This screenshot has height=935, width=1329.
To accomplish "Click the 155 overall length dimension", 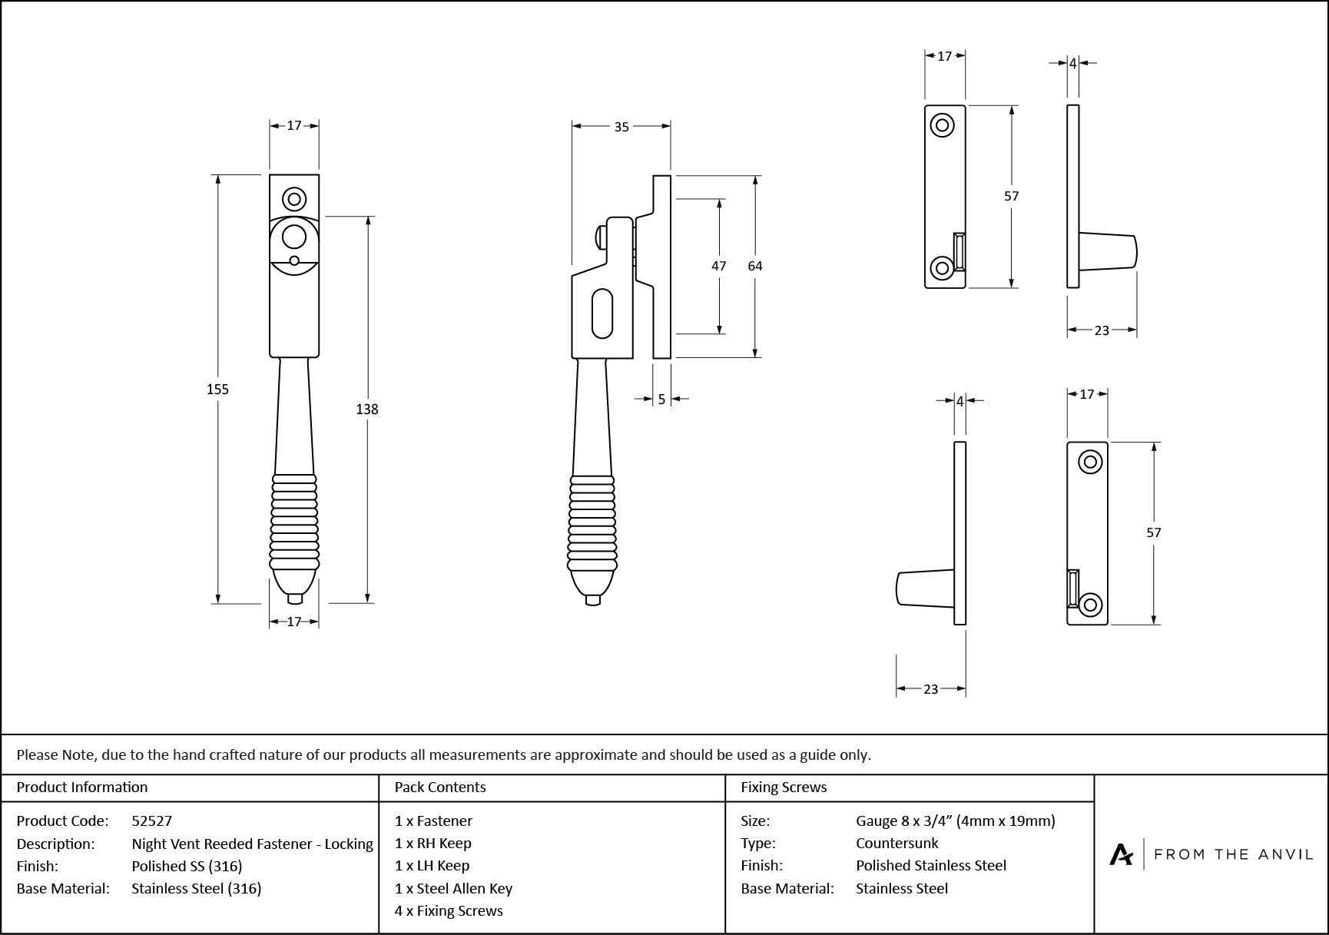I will (217, 390).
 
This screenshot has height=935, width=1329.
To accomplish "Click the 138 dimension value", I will (367, 409).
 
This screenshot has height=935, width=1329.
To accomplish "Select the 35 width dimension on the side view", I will (621, 127).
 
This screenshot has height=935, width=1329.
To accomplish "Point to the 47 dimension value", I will (718, 266).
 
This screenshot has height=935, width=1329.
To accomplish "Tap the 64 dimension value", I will (755, 266).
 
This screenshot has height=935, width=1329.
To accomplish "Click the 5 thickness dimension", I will (661, 400).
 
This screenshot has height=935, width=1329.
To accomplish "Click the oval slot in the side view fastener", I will (603, 313).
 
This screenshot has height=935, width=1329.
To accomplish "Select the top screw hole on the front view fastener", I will (294, 199).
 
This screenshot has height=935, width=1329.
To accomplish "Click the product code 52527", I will (152, 821).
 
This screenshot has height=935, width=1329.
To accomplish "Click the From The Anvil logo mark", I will (1121, 854).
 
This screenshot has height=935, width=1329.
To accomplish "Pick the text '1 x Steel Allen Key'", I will (453, 888).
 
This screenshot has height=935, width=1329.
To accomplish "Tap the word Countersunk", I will (896, 843).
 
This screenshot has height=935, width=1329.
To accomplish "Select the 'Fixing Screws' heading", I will (784, 787).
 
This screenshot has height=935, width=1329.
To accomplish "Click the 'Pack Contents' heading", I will (440, 787).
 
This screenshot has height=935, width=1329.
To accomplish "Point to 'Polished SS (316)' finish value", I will (187, 866).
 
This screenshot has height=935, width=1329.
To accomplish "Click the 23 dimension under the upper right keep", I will (1102, 330).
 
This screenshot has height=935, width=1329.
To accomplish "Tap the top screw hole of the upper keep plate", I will (942, 124).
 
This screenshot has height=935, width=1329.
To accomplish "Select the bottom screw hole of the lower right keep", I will (1091, 604).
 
